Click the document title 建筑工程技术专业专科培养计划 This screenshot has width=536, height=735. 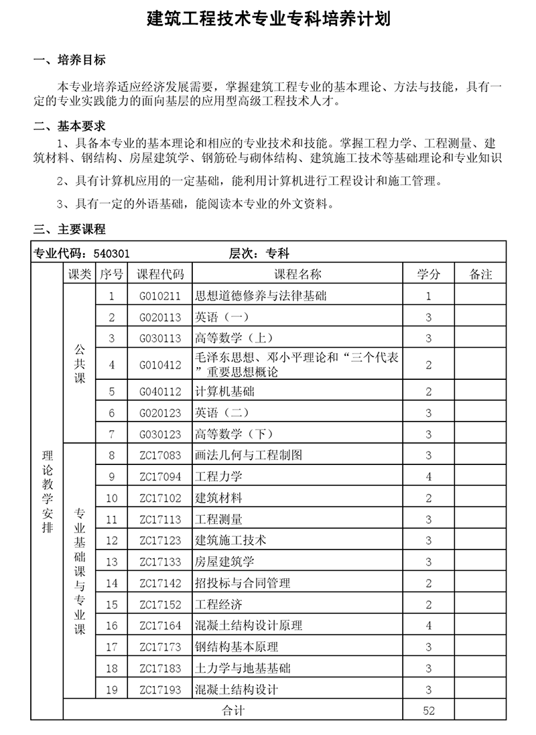click(268, 18)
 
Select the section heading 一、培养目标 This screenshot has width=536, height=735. click(70, 60)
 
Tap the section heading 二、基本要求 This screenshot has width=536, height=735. click(70, 126)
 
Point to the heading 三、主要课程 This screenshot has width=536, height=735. click(70, 230)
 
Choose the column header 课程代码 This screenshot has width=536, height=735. click(159, 274)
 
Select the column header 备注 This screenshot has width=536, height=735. click(481, 274)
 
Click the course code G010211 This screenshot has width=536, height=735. click(160, 295)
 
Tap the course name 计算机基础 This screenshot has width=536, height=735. click(224, 391)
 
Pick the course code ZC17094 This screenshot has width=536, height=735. click(160, 477)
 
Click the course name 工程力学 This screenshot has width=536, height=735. click(218, 477)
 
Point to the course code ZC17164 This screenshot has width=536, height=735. click(160, 626)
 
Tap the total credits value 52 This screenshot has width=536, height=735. click(429, 710)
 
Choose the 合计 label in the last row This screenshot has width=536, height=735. click(233, 710)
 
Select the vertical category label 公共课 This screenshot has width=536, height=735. click(80, 364)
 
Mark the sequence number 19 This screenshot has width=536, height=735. click(112, 689)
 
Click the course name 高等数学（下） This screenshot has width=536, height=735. click(234, 434)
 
